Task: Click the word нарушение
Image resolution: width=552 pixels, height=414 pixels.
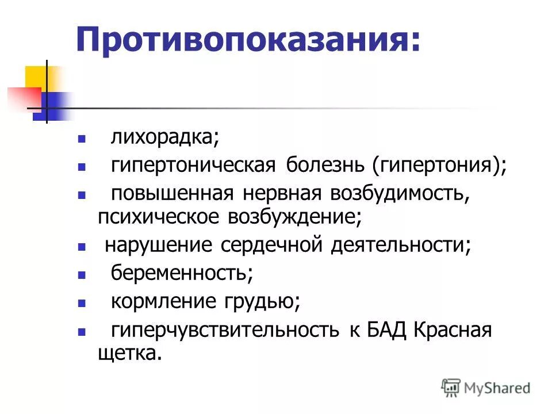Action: point(159,246)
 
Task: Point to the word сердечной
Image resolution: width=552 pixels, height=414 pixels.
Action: point(270,246)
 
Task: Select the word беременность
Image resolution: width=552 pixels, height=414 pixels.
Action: point(182,273)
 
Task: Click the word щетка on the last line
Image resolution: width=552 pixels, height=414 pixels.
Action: point(126,352)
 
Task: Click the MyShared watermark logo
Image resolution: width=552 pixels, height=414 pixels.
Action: point(486,388)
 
